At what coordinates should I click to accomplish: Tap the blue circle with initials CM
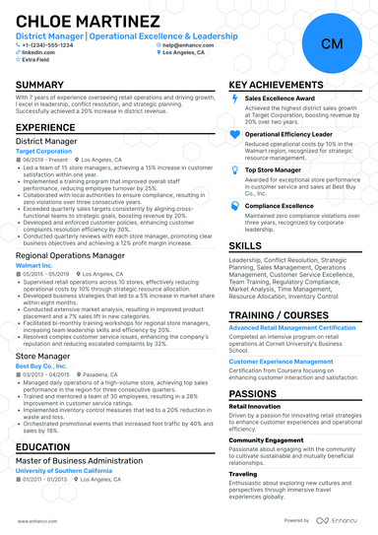pos(331,43)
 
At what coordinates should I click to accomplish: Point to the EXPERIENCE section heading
pos(45,128)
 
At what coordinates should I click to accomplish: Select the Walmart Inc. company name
pos(34,265)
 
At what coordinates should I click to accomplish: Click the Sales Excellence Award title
pos(281,99)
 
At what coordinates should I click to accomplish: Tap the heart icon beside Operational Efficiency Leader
pos(234,133)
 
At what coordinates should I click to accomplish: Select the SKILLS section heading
pos(245,244)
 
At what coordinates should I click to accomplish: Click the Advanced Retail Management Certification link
pos(291,326)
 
